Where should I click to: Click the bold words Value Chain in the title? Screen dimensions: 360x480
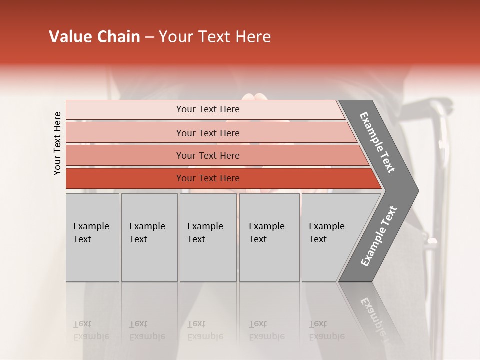(94, 37)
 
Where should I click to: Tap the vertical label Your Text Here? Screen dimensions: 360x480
(57, 143)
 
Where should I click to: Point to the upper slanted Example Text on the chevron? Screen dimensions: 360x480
(377, 142)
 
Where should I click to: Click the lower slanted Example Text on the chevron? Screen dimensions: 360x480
(379, 236)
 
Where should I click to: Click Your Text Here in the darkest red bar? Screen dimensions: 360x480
(208, 178)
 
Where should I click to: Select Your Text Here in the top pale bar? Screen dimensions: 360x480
(208, 109)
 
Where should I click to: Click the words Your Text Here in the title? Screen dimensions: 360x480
(215, 37)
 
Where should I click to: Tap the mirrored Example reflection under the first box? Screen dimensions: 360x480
(91, 336)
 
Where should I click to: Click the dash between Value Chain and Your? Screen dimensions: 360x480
(149, 37)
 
